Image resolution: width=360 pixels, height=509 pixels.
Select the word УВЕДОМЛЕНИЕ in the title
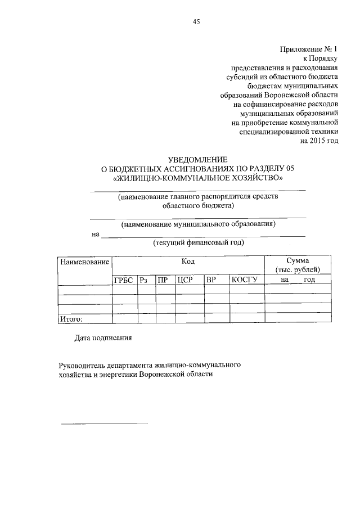click(x=197, y=160)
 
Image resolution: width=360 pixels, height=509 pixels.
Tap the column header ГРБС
click(x=125, y=280)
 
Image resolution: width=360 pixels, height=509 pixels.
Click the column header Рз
click(x=147, y=280)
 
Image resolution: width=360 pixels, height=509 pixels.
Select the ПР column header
click(x=164, y=280)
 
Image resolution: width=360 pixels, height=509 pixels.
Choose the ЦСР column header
click(x=185, y=280)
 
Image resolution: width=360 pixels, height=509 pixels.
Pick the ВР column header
click(x=211, y=280)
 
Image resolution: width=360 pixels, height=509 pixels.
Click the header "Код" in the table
click(x=188, y=262)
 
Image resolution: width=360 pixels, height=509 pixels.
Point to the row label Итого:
click(x=71, y=319)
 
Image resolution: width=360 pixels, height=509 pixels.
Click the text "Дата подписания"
click(x=103, y=338)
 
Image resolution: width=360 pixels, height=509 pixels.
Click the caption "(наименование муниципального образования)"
click(x=198, y=224)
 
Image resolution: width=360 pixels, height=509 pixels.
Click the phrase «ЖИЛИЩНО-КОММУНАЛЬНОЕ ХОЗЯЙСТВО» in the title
click(x=198, y=178)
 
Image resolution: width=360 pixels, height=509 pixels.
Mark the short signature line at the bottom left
click(x=104, y=423)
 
